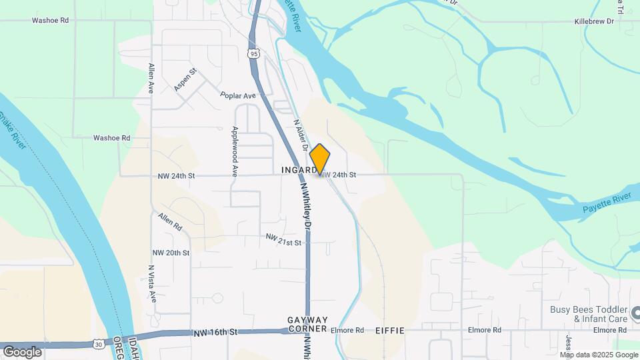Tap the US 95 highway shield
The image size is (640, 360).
253,52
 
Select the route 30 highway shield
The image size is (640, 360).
98,344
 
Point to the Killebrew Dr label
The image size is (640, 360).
594,21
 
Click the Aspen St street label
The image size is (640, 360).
185,80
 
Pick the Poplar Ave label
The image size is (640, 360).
239,96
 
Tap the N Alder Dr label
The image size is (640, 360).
299,134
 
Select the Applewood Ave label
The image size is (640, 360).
235,151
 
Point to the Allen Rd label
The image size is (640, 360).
170,222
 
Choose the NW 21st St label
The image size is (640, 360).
283,239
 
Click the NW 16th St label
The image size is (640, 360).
213,332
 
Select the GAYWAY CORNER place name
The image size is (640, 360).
307,325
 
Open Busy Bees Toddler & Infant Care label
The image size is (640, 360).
589,314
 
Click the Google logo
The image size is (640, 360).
22,351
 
